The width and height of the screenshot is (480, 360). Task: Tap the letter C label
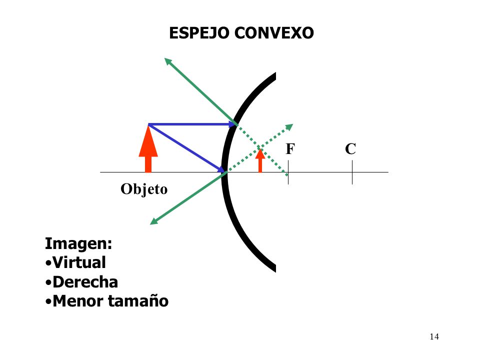pyautogui.click(x=350, y=149)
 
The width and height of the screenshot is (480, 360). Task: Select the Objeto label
pyautogui.click(x=144, y=189)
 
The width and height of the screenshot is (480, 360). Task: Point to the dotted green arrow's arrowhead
pyautogui.click(x=289, y=126)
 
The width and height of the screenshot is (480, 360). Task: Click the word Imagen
pyautogui.click(x=78, y=244)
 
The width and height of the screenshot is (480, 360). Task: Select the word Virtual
pyautogui.click(x=79, y=263)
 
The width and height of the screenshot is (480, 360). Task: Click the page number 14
pyautogui.click(x=434, y=336)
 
